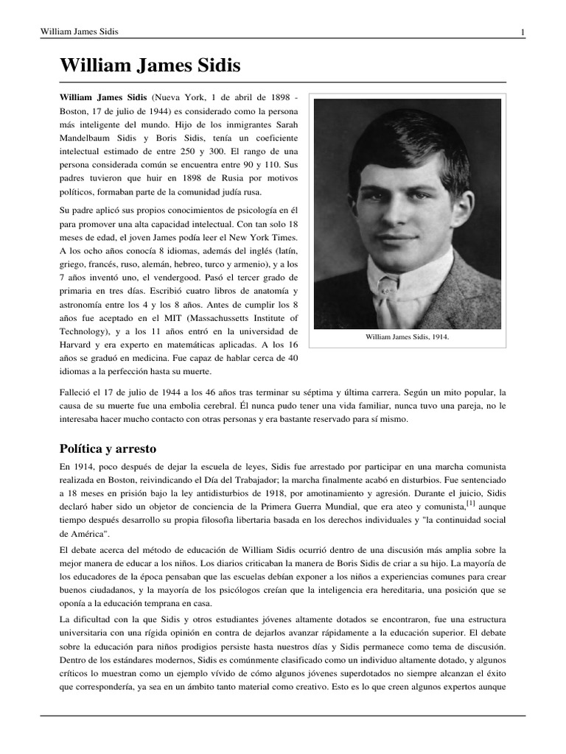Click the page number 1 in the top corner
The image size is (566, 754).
coord(523,32)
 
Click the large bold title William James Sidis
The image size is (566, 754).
coord(150,66)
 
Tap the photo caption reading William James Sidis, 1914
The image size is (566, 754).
coord(407,337)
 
